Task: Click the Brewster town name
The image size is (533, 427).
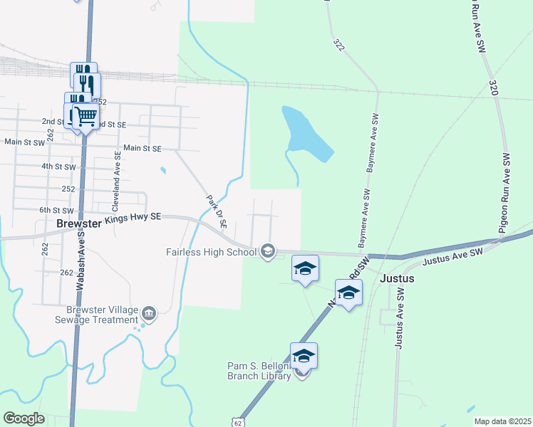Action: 80,223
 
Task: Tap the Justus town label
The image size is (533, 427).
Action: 397,278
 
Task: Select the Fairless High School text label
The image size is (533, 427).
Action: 211,251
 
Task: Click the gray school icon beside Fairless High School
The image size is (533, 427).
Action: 268,251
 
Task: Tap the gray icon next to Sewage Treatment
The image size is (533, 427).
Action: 149,313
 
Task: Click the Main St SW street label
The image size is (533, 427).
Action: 25,142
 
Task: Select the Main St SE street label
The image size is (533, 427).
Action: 143,148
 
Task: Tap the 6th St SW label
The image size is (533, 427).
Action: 56,211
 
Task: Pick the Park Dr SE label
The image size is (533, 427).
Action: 216,211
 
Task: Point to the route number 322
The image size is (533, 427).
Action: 338,44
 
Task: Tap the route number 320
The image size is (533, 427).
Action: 493,88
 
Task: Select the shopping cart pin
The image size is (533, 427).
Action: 86,114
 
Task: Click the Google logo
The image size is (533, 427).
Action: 24,418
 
